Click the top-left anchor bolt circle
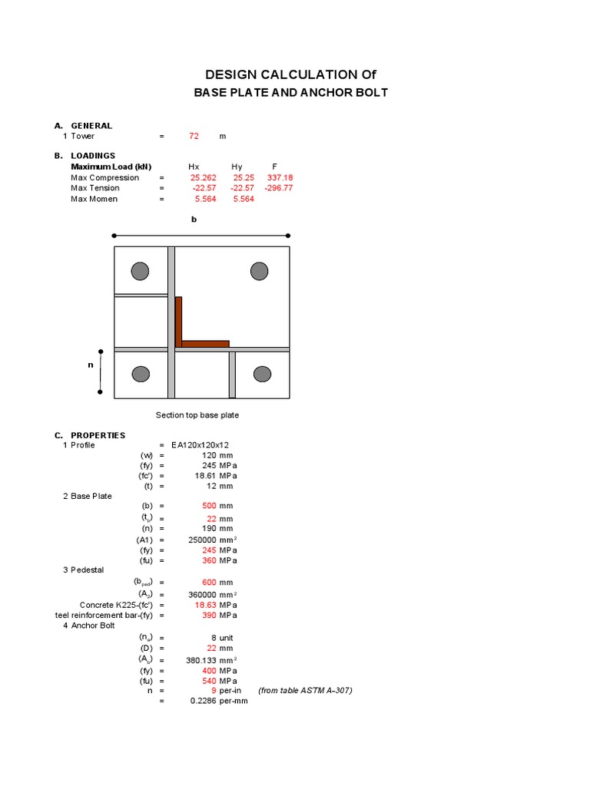(x=140, y=271)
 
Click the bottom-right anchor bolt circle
(x=263, y=374)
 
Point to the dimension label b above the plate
(x=194, y=220)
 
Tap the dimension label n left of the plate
(x=90, y=365)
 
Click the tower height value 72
(x=194, y=136)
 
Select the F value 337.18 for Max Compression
(x=280, y=177)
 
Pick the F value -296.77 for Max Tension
(x=278, y=188)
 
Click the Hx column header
(x=194, y=167)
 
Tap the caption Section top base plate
(x=197, y=415)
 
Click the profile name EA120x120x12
(x=205, y=445)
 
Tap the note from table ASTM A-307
(x=305, y=690)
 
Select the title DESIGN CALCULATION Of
(x=290, y=74)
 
